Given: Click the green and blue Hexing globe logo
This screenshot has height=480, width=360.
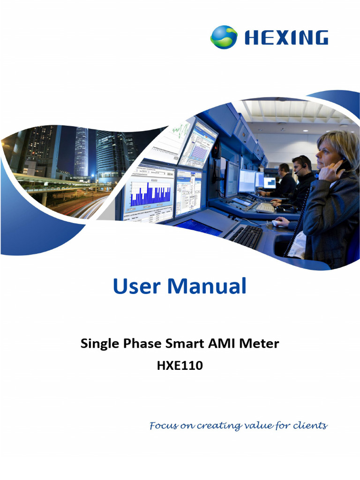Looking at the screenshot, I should coord(224,37).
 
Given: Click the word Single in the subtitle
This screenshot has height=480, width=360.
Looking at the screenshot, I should coord(98,344).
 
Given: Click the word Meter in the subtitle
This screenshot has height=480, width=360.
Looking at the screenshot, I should coord(259,344).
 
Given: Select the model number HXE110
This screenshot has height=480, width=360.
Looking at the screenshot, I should coord(180,366).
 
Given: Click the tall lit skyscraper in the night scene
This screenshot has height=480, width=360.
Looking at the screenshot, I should coord(81,152).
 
